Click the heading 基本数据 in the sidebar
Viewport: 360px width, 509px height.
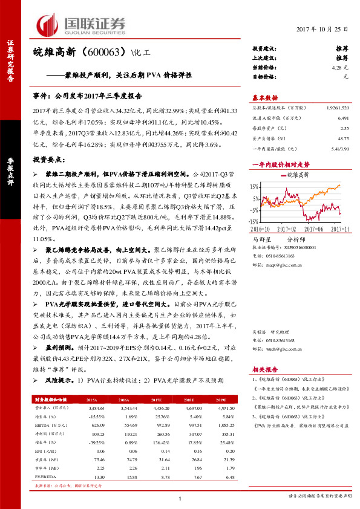coord(264,97)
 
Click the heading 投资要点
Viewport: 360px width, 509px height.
coord(48,159)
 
